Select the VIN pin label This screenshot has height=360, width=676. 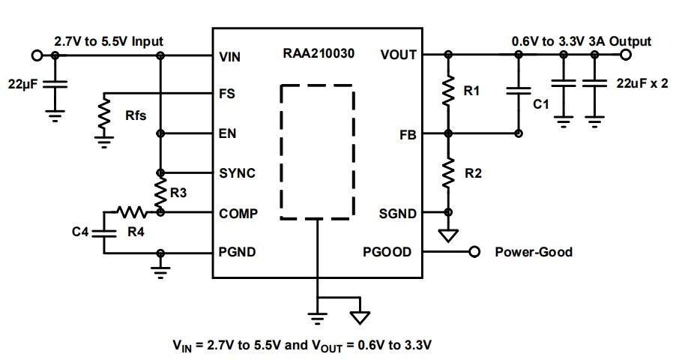pyautogui.click(x=230, y=55)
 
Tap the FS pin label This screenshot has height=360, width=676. pyautogui.click(x=227, y=94)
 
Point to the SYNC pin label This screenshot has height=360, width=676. pyautogui.click(x=237, y=173)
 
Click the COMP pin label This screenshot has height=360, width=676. pyautogui.click(x=238, y=213)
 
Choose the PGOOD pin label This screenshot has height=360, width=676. pyautogui.click(x=387, y=252)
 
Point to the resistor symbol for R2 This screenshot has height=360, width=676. pyautogui.click(x=448, y=173)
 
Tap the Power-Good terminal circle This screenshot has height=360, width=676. pyautogui.click(x=474, y=252)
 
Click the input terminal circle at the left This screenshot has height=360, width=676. pyautogui.click(x=36, y=55)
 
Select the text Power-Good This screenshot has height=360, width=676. pyautogui.click(x=533, y=252)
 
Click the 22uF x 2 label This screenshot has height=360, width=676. pyautogui.click(x=642, y=84)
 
